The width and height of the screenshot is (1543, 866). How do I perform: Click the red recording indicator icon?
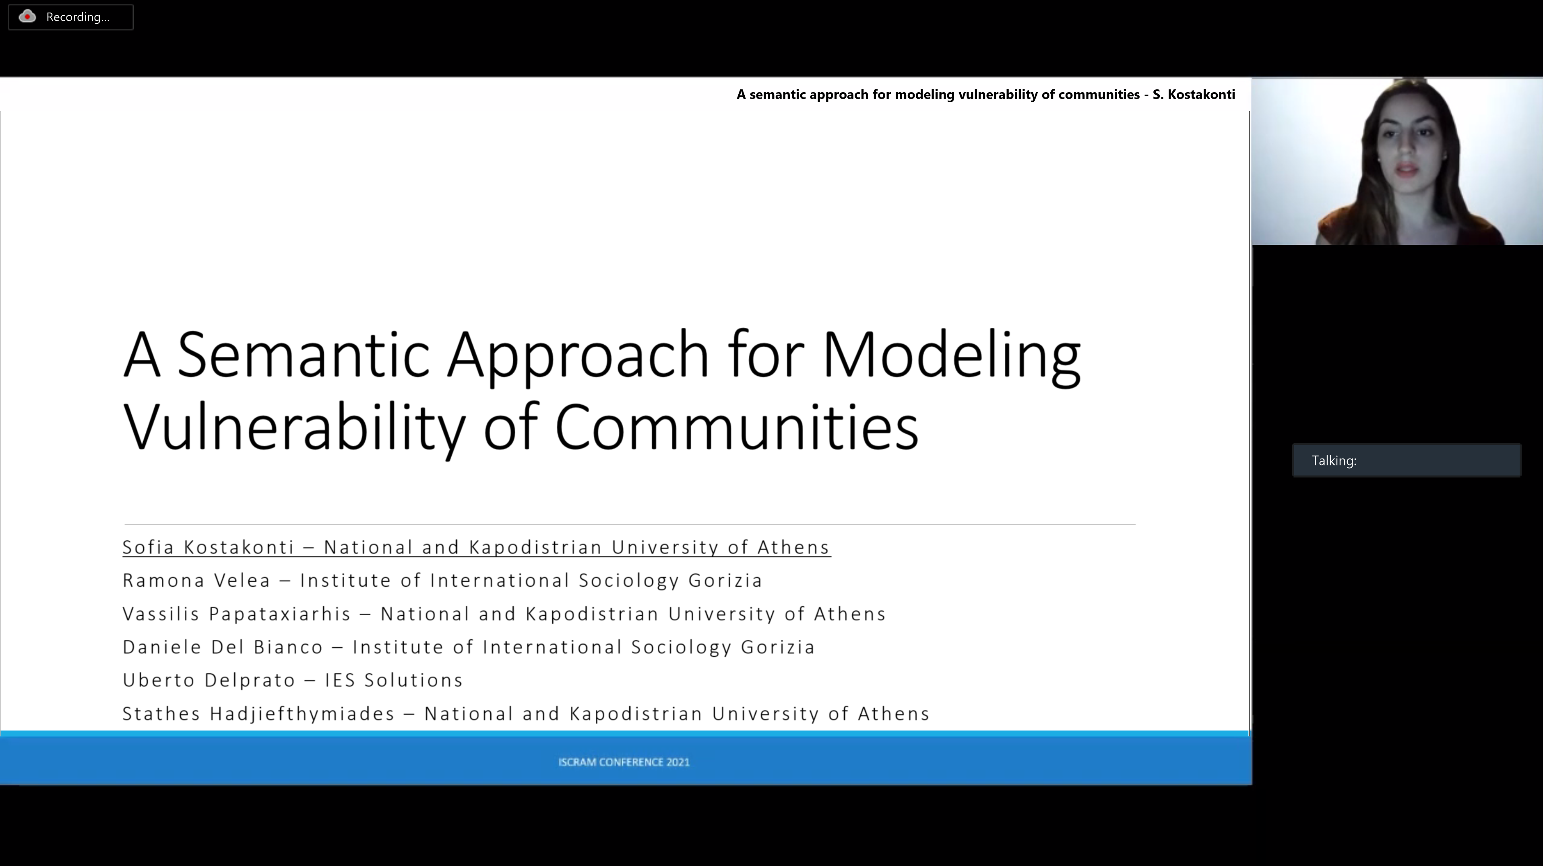coord(27,17)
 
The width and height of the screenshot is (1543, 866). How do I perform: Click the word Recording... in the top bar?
coord(78,17)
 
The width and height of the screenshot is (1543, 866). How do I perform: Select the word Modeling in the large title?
coord(952,358)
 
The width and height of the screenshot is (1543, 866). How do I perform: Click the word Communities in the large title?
coord(737,426)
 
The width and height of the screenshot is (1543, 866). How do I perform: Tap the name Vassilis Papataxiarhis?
coord(237,614)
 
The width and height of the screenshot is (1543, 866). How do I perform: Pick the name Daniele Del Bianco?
coord(223,647)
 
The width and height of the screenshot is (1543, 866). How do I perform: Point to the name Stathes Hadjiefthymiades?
coord(259,714)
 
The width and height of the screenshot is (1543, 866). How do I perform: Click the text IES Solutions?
coord(394,680)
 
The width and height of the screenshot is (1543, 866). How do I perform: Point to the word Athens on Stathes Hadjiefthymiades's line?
coord(894,714)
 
